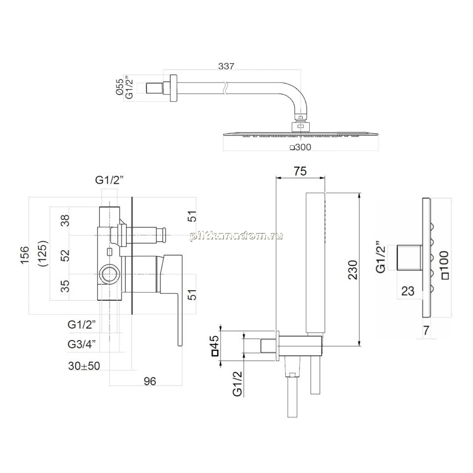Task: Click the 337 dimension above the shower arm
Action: point(226,66)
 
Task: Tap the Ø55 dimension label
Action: point(119,87)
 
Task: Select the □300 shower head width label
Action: point(300,147)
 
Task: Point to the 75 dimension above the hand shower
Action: point(300,171)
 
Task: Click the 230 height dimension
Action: point(353,270)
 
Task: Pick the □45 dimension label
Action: point(216,346)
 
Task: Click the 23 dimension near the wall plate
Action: point(408,291)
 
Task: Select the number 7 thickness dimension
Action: point(426,331)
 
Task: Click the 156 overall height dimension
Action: point(24,255)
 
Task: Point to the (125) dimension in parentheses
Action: point(43,253)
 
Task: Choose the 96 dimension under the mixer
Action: point(150,381)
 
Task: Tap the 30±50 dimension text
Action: point(84,366)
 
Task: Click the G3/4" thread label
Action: point(82,344)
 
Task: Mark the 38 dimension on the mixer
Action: point(65,220)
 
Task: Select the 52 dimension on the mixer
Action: point(65,255)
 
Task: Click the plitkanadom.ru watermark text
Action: point(236,236)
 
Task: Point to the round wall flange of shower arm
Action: point(173,88)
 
